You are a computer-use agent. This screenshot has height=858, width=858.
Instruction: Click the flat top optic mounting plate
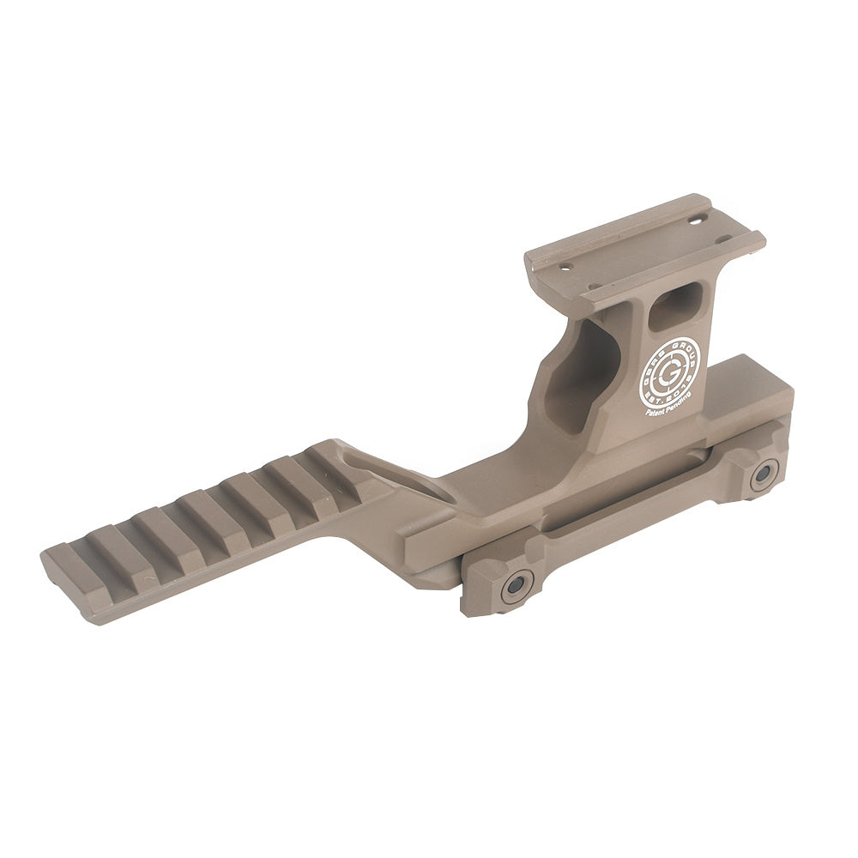pos(643,249)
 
